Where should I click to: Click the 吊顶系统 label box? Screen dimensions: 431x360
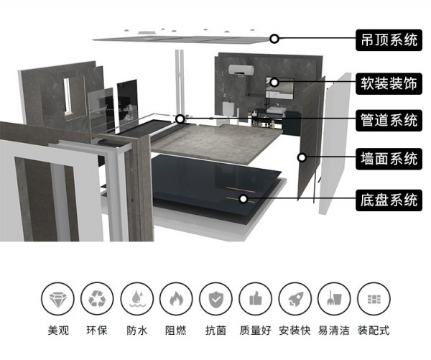tap(389, 40)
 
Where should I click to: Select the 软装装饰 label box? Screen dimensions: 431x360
tap(389, 83)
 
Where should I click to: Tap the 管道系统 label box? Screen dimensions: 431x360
tap(389, 121)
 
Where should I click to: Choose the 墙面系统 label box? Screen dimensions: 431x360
tap(389, 159)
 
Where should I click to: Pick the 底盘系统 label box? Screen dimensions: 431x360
tap(389, 200)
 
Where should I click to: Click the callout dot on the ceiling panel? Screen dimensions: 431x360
tap(274, 39)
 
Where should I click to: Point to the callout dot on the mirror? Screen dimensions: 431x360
tap(274, 82)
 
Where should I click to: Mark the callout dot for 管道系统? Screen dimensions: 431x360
tap(180, 119)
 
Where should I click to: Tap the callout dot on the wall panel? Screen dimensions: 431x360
tap(302, 157)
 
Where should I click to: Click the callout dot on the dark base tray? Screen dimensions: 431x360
tap(243, 198)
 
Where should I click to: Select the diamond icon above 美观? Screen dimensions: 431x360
tap(57, 299)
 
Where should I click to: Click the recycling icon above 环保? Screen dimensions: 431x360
tap(97, 299)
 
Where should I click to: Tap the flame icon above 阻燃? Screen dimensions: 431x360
tap(176, 299)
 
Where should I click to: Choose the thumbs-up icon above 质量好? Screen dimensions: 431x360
tap(255, 299)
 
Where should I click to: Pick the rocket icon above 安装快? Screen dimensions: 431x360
tap(295, 299)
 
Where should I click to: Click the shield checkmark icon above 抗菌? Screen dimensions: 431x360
tap(215, 299)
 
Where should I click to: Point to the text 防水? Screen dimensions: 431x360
tap(137, 331)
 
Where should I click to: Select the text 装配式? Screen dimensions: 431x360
tap(374, 331)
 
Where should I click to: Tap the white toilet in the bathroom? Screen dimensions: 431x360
tap(228, 109)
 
